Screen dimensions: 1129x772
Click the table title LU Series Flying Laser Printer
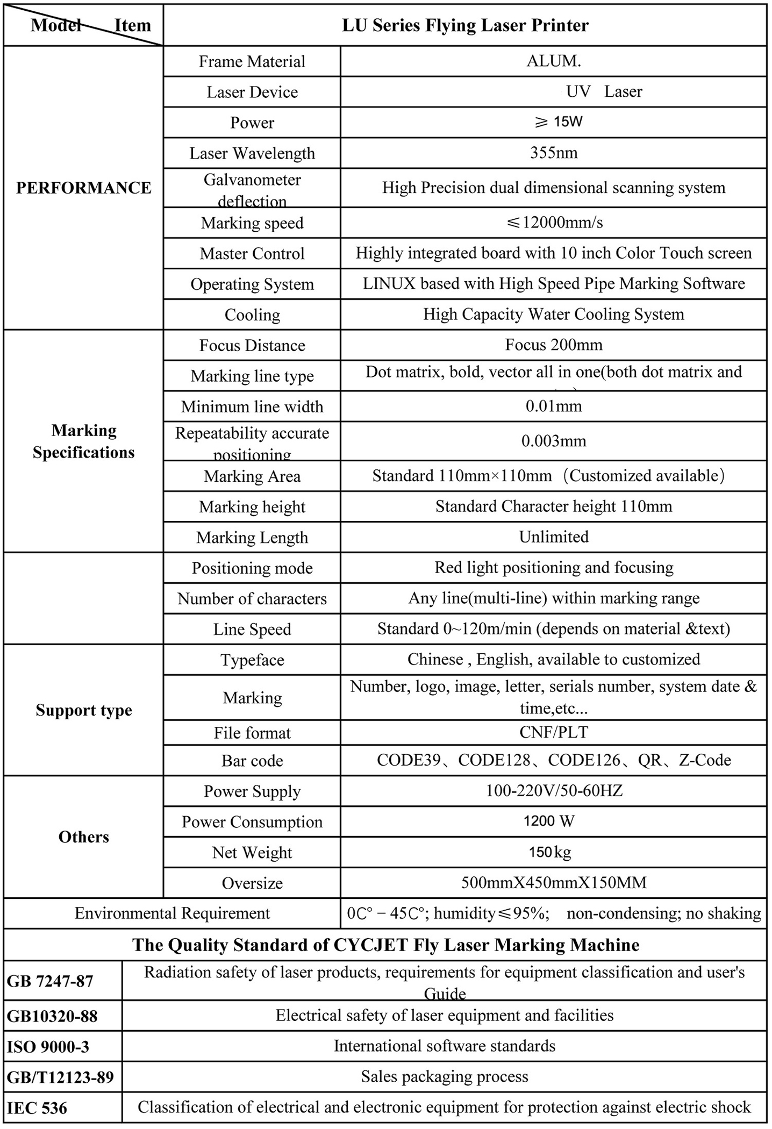point(465,25)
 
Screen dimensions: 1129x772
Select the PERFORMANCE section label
point(83,188)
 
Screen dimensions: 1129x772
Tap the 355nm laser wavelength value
point(554,153)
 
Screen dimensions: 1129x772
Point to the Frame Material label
point(252,61)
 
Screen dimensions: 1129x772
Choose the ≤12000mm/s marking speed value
point(554,223)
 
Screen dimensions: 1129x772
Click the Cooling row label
point(252,315)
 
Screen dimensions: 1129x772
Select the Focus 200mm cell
point(554,345)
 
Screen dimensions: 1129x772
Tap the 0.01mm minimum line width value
point(554,406)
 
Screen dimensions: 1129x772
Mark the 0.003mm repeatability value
point(554,441)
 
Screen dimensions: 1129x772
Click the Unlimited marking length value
point(554,537)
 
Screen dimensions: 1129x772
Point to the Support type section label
point(84,710)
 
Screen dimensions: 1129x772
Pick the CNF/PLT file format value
point(554,732)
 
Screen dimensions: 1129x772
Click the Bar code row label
point(252,760)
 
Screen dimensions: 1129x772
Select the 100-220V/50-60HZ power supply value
point(554,790)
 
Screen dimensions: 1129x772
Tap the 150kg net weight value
point(549,852)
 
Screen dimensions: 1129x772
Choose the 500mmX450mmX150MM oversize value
point(554,882)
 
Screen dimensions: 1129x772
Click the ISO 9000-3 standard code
point(48,1047)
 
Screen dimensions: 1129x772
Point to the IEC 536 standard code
point(37,1108)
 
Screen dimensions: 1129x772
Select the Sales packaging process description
point(445,1076)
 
